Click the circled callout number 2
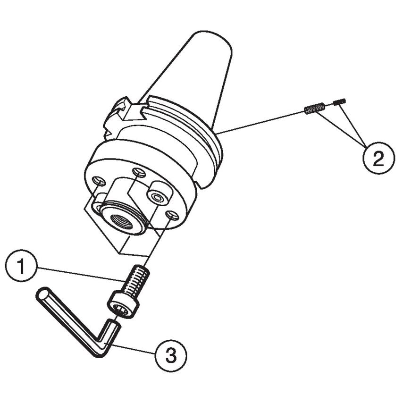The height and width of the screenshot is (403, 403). (378, 159)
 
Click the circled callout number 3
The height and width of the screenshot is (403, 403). (171, 355)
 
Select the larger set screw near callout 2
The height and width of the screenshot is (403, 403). (314, 109)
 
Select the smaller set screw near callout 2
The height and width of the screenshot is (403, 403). (339, 101)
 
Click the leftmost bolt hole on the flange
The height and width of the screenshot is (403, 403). (98, 180)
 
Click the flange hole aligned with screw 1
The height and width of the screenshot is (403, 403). (172, 215)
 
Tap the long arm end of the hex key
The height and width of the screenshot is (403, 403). (42, 294)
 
